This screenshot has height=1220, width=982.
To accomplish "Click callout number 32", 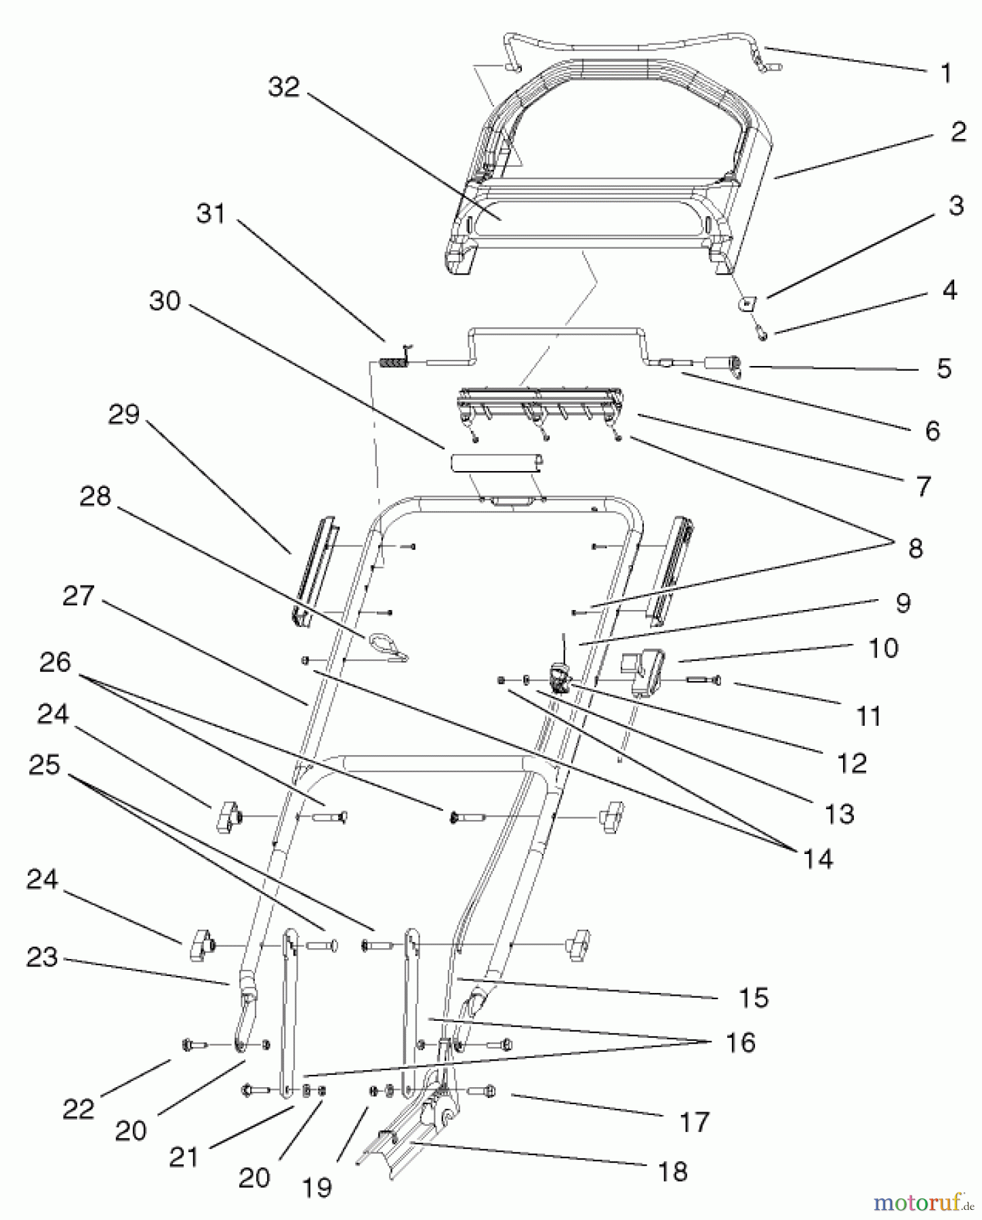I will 283,87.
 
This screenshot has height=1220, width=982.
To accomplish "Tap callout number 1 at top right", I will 946,73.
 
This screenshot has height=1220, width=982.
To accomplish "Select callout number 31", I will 210,214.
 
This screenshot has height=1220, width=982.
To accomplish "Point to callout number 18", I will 673,1171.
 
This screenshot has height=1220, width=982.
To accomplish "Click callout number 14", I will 817,859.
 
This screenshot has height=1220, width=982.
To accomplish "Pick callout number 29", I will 123,414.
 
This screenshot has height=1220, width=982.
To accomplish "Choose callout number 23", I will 42,958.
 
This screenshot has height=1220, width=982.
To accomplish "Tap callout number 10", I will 883,648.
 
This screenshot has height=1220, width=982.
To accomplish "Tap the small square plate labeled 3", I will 747,303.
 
